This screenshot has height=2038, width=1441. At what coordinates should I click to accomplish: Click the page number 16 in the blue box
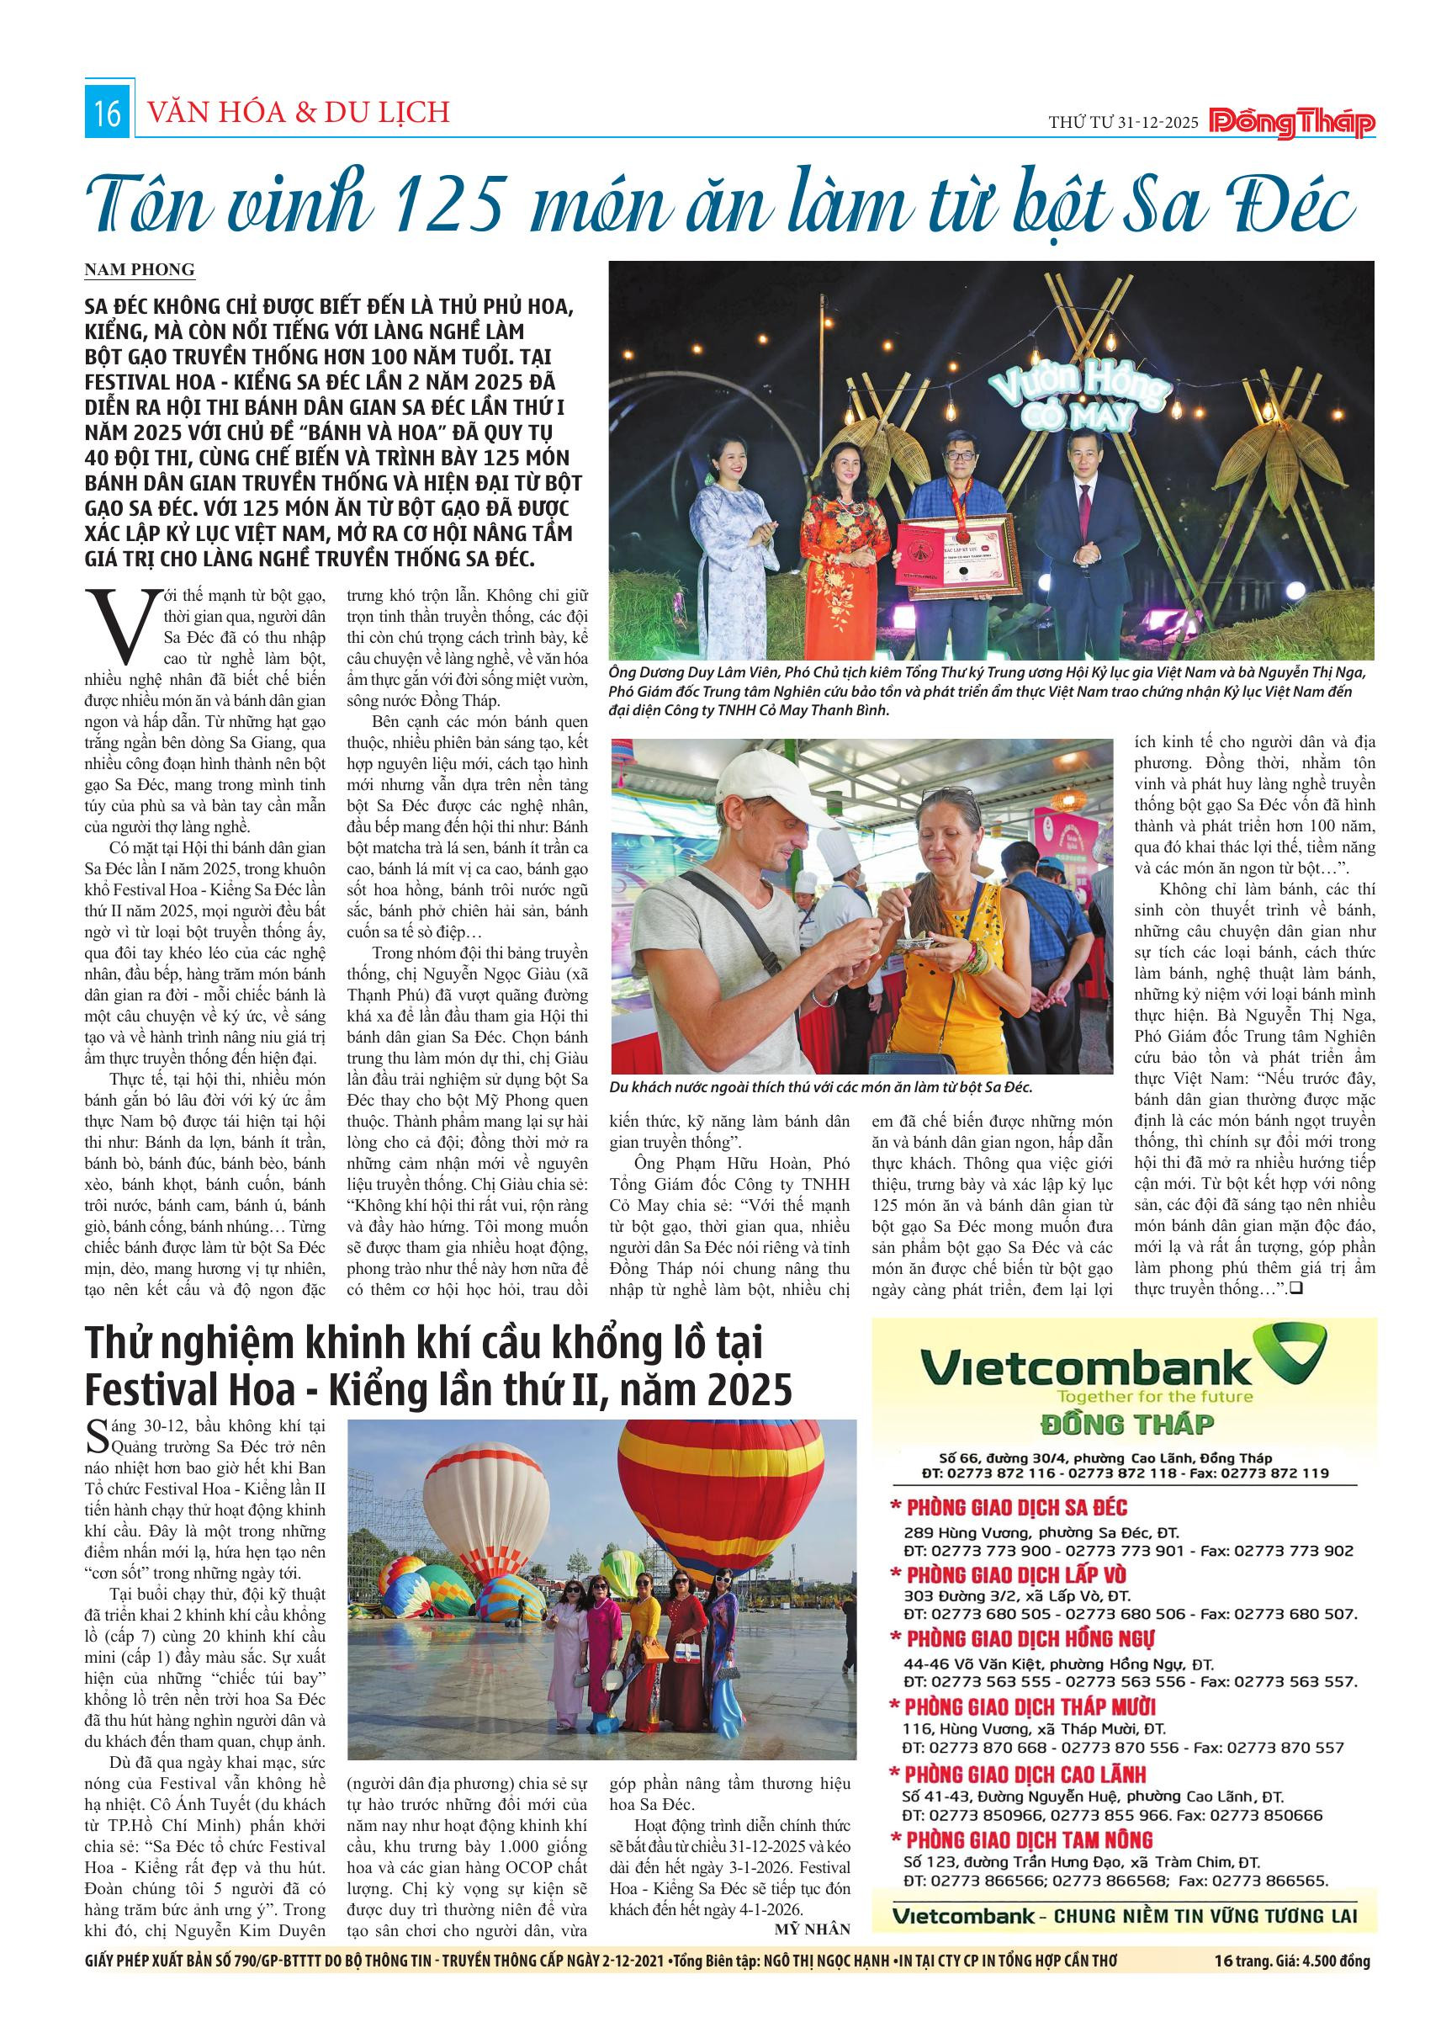pyautogui.click(x=108, y=115)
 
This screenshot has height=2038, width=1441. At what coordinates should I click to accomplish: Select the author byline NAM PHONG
pyautogui.click(x=140, y=270)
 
